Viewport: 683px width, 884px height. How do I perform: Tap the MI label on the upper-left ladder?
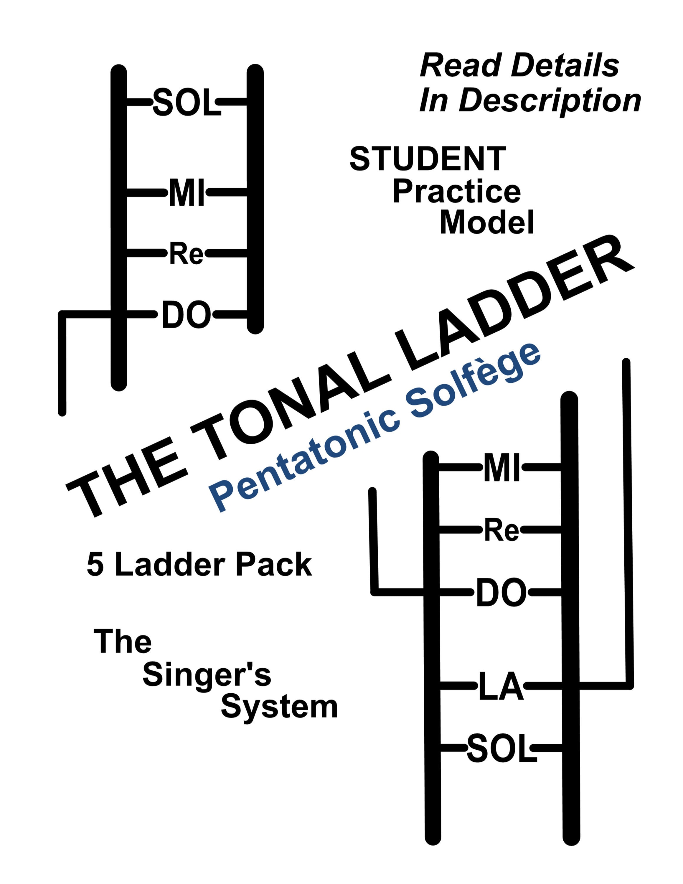click(x=187, y=193)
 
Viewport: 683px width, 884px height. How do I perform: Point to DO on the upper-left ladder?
click(x=186, y=314)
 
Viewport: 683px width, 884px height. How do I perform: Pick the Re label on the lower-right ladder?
click(x=502, y=530)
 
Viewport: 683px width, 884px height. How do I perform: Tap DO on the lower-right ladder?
click(x=501, y=593)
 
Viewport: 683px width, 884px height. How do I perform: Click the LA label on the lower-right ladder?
click(x=501, y=687)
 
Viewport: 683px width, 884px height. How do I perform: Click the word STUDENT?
click(x=428, y=159)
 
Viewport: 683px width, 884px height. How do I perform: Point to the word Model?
click(x=487, y=222)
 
